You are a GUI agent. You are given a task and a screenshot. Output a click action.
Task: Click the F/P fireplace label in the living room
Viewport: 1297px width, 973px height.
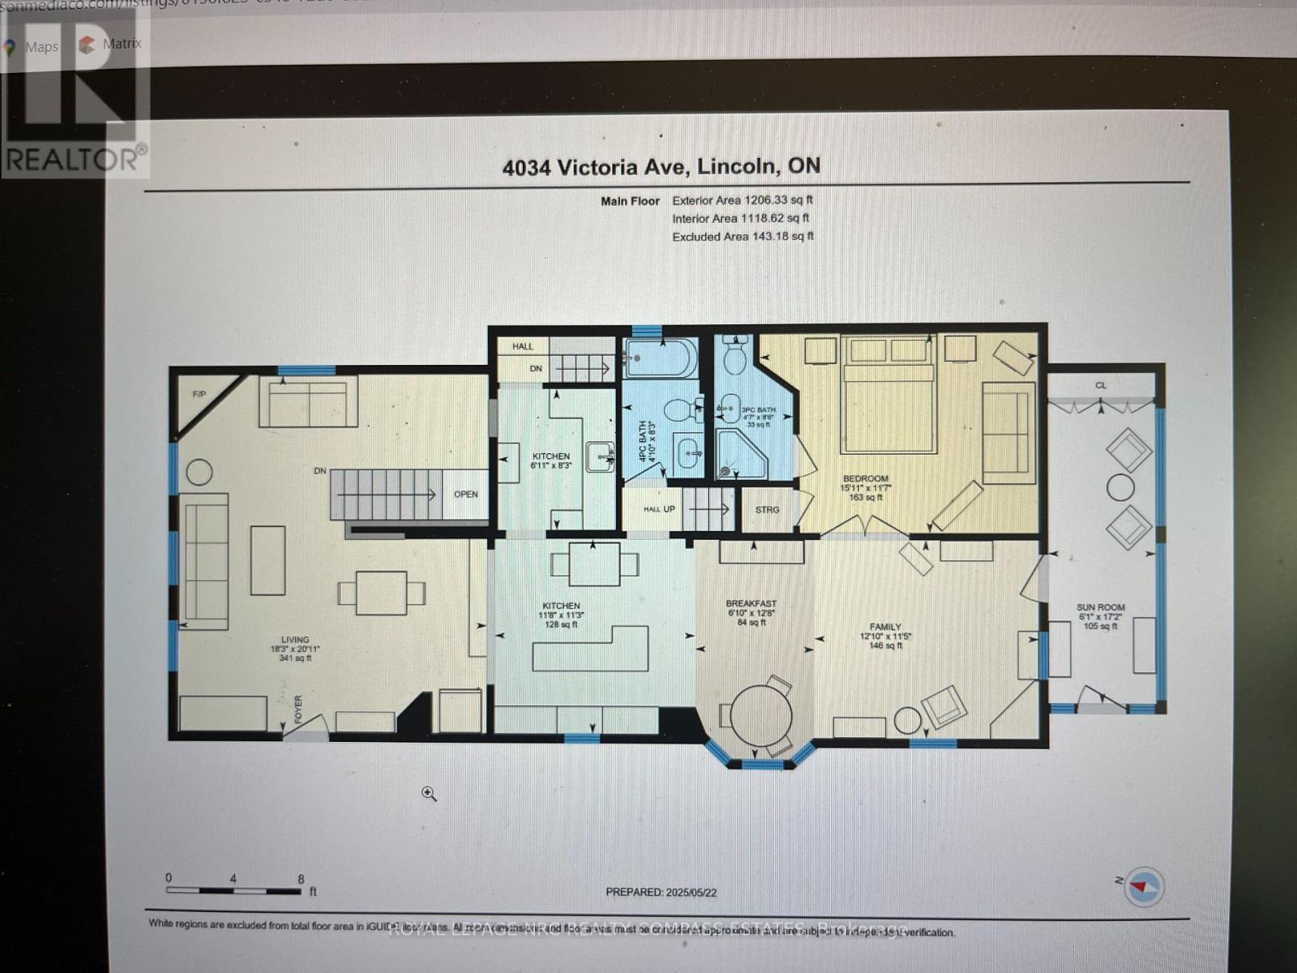pos(199,395)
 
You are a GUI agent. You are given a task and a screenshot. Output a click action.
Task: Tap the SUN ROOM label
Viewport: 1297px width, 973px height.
pos(1101,607)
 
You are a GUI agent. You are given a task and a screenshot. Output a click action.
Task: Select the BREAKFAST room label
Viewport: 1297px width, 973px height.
pos(751,604)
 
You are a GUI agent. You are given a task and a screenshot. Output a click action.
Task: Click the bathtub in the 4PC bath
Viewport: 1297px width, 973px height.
pos(660,358)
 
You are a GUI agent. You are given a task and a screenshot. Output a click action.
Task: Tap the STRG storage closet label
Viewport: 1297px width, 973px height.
pos(767,510)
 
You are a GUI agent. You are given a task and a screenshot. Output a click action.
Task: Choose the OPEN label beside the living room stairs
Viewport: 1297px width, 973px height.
pos(465,494)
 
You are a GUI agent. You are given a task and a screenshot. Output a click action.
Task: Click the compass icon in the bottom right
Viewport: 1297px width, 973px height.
pos(1144,886)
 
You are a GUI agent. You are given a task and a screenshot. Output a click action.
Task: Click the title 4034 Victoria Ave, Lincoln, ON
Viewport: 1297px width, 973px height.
pos(661,167)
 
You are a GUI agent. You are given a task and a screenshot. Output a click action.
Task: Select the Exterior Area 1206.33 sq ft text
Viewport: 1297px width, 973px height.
pos(742,200)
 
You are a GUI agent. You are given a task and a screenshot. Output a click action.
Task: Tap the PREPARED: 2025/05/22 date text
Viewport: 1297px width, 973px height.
pos(661,892)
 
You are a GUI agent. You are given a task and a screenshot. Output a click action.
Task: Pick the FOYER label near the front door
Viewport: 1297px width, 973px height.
pos(297,709)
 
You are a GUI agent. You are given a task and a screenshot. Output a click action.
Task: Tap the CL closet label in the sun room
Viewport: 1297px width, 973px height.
pos(1100,385)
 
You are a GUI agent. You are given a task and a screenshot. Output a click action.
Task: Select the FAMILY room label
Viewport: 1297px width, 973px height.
pos(885,627)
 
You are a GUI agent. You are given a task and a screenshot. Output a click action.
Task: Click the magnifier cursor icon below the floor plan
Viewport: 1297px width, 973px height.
pos(429,794)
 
